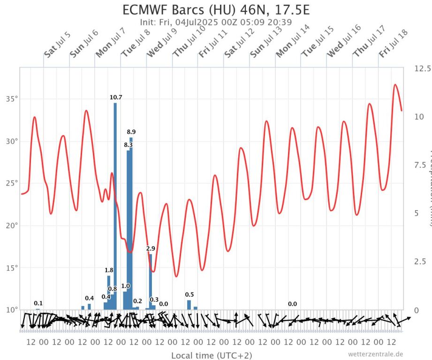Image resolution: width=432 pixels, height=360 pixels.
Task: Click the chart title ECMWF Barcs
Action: pos(216,10)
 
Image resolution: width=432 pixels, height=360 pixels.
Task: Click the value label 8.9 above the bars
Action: pos(131,132)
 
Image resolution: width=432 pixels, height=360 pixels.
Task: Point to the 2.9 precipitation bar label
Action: pos(151,248)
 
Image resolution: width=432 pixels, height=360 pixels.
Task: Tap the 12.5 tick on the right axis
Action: pos(423,69)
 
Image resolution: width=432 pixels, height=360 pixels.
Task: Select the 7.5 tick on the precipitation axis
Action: pos(421,165)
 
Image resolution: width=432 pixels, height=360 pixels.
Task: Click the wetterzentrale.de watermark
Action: pos(375,354)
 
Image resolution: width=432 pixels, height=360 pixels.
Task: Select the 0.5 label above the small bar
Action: pos(189,294)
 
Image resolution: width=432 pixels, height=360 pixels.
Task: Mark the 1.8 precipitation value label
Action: pos(109,270)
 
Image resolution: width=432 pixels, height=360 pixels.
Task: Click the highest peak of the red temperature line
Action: pos(395,85)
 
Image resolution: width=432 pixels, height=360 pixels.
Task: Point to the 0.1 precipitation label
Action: pos(38,303)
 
